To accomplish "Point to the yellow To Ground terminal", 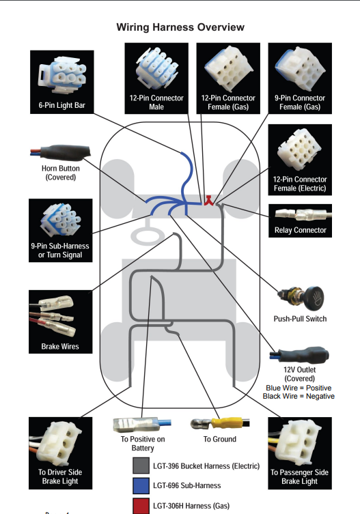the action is coord(220,423).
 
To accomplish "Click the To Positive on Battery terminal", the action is coord(142,425).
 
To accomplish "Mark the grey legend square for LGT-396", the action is coord(141,466).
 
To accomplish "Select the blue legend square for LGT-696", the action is coord(141,485).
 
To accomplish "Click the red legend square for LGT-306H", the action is coord(141,506).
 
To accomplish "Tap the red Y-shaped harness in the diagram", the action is coord(209,201).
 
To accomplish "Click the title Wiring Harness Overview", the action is coord(180,27).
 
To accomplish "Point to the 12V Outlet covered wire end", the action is coord(299,355).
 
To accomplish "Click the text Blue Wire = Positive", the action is coord(299,388).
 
